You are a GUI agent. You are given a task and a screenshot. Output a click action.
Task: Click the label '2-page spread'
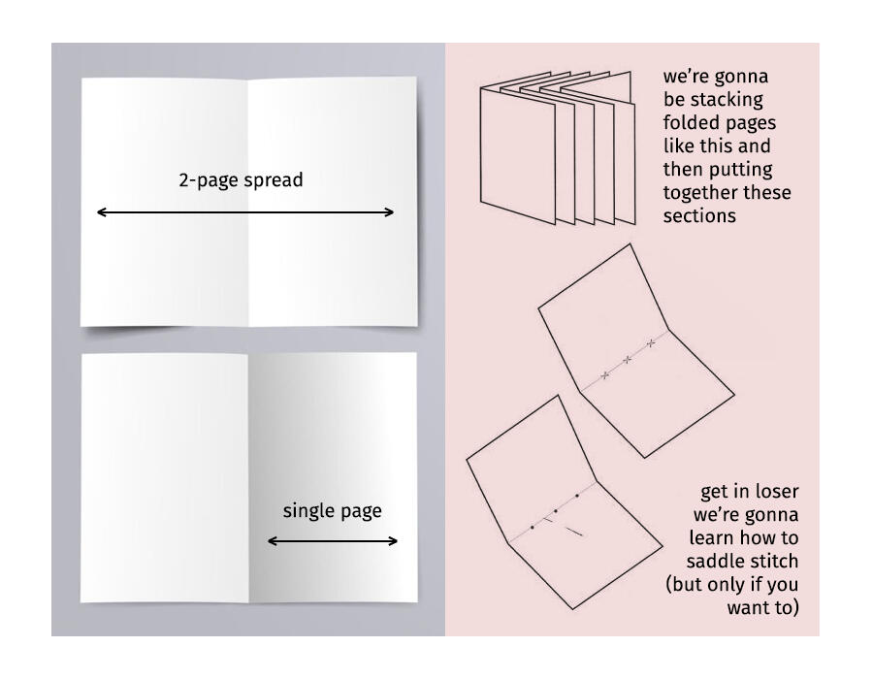click(241, 180)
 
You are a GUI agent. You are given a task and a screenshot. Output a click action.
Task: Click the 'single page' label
click(332, 511)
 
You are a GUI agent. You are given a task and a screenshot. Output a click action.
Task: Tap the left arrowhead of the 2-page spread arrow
click(100, 212)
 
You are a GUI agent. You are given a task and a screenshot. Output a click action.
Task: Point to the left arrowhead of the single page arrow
click(272, 541)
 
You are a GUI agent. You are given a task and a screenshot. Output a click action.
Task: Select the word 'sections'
click(699, 216)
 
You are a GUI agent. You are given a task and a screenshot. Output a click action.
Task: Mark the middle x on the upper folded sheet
click(628, 360)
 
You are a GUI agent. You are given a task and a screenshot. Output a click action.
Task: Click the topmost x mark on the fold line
click(651, 343)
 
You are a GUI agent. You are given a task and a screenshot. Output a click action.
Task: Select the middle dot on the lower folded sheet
click(555, 511)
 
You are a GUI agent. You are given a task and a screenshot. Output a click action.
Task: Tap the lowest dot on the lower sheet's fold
click(533, 527)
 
